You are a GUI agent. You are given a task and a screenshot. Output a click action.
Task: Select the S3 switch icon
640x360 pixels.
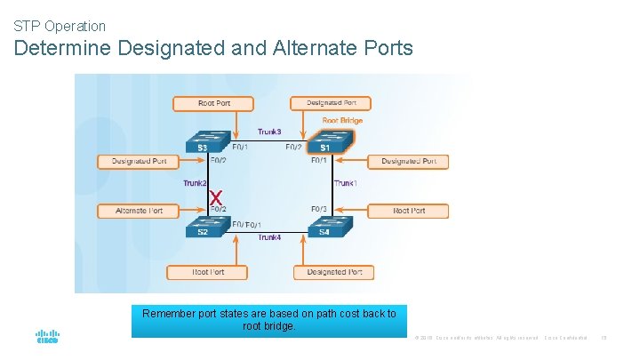click(x=203, y=142)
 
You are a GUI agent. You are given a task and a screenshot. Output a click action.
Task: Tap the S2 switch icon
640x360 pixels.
click(x=203, y=228)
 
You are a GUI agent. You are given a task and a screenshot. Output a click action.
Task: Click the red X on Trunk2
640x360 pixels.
click(x=214, y=196)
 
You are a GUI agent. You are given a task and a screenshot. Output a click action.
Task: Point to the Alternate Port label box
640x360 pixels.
click(x=138, y=211)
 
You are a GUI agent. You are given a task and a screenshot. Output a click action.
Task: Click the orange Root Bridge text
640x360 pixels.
click(x=342, y=120)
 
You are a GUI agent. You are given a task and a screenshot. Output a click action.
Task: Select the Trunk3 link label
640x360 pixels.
click(x=269, y=132)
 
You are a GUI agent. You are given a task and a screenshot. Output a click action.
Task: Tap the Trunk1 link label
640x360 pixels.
click(x=345, y=183)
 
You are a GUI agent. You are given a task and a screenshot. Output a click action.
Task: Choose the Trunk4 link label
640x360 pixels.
click(x=269, y=237)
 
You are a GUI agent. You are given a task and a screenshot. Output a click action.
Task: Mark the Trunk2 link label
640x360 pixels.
click(x=195, y=183)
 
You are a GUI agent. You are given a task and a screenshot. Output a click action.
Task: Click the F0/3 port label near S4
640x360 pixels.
click(x=319, y=209)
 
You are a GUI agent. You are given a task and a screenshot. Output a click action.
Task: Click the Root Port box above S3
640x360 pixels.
click(x=213, y=103)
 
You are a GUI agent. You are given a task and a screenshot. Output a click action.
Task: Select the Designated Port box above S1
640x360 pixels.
click(x=331, y=103)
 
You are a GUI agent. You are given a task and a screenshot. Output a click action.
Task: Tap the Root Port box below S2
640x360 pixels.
click(x=208, y=272)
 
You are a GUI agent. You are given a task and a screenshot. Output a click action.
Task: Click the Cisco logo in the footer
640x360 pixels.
click(x=47, y=337)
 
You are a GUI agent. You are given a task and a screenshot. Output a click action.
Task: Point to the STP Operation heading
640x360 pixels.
click(x=60, y=26)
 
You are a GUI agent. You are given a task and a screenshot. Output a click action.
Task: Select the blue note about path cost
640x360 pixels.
click(x=269, y=320)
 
